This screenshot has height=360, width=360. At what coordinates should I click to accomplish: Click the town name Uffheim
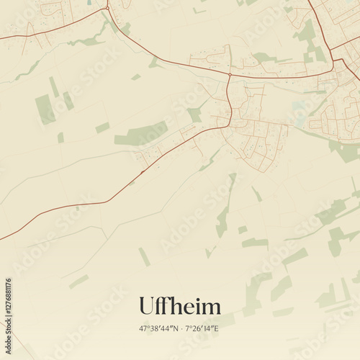pyautogui.click(x=179, y=306)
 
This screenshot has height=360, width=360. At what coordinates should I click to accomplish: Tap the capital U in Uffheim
pyautogui.click(x=147, y=306)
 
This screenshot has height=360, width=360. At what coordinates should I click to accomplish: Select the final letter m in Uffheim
pyautogui.click(x=212, y=308)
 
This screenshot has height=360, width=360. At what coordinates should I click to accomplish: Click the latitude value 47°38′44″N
pyautogui.click(x=158, y=328)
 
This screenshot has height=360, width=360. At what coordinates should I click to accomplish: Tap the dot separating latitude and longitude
pyautogui.click(x=180, y=328)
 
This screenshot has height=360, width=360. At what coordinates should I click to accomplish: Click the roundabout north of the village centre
pyautogui.click(x=229, y=75)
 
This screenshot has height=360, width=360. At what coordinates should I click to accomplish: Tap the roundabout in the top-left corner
pyautogui.click(x=107, y=8)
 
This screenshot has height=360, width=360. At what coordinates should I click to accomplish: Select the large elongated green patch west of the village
pyautogui.click(x=140, y=134)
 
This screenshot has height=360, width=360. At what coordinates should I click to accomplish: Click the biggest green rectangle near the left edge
pyautogui.click(x=45, y=109)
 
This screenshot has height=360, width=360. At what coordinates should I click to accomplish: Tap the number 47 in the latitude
pyautogui.click(x=143, y=328)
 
